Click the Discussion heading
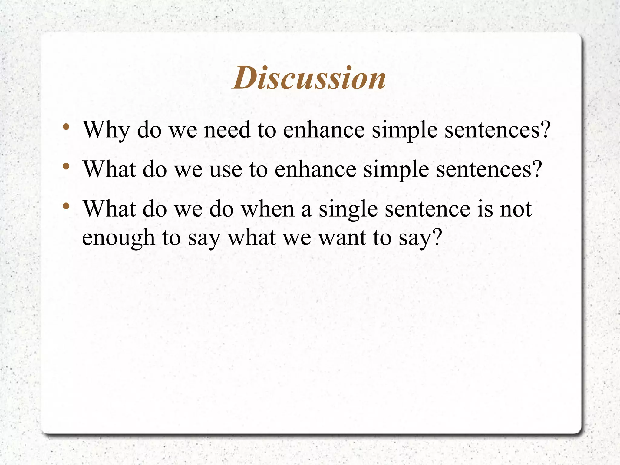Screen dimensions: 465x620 [x=309, y=78]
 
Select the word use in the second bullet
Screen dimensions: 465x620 [x=226, y=170]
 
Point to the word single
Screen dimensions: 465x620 [x=348, y=210]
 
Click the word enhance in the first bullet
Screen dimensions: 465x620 [x=324, y=130]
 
